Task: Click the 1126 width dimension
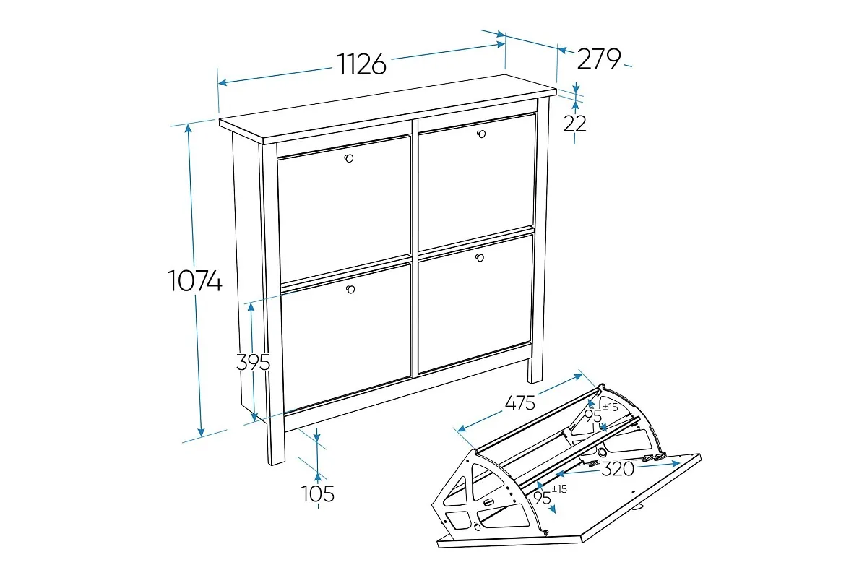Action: point(361,64)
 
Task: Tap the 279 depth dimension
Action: point(599,59)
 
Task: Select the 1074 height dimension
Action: point(194,280)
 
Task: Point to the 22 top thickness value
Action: point(575,124)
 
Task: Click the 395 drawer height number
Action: point(253,363)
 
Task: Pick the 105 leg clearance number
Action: point(317,493)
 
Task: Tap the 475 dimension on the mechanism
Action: point(520,403)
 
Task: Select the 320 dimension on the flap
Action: point(618,469)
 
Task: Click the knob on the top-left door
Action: point(349,158)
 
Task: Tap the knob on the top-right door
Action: point(481,134)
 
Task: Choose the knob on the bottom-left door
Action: point(350,289)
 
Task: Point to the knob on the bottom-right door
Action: point(480,257)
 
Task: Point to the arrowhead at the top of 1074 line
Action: point(189,129)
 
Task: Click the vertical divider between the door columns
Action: point(415,248)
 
